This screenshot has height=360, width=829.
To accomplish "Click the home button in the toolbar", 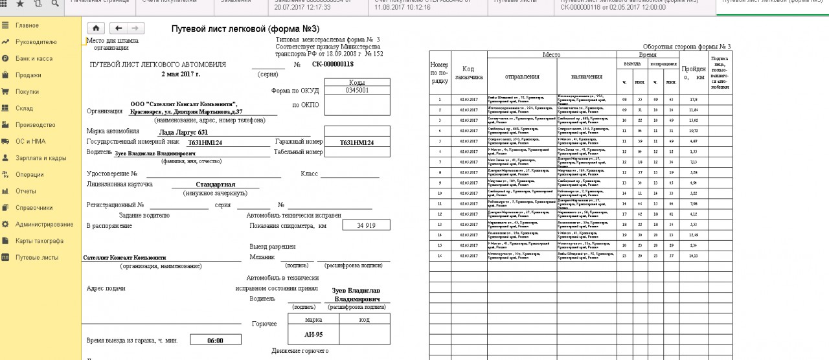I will pos(95,28).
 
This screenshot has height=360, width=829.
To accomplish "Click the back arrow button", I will pos(119,28).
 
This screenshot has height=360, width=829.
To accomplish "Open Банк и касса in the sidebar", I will pos(34,58).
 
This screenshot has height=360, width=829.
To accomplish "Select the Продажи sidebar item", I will pos(28,75).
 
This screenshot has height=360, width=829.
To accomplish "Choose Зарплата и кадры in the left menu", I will pos(41,158).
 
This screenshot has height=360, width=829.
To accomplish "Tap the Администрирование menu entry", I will pos(45,224).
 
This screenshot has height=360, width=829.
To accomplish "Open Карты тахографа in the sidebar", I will pos(40,241).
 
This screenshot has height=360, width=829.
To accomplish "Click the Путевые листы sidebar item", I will pos(37,257).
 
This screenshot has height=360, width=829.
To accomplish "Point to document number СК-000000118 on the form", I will pos(332,64).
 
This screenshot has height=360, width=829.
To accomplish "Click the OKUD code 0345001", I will pos(357,91).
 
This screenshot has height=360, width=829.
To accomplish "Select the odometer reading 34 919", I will pos(366,225).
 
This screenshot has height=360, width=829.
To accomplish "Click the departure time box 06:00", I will pos(215,340).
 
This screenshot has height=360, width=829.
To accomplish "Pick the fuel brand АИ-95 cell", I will pos(313,335).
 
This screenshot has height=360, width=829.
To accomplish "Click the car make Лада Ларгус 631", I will pos(184,132).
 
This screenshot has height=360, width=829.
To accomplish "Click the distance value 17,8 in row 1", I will pos(693,100).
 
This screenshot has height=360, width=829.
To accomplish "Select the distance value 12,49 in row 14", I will pos(693,235).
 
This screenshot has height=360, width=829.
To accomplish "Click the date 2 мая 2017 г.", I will pos(181,74).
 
